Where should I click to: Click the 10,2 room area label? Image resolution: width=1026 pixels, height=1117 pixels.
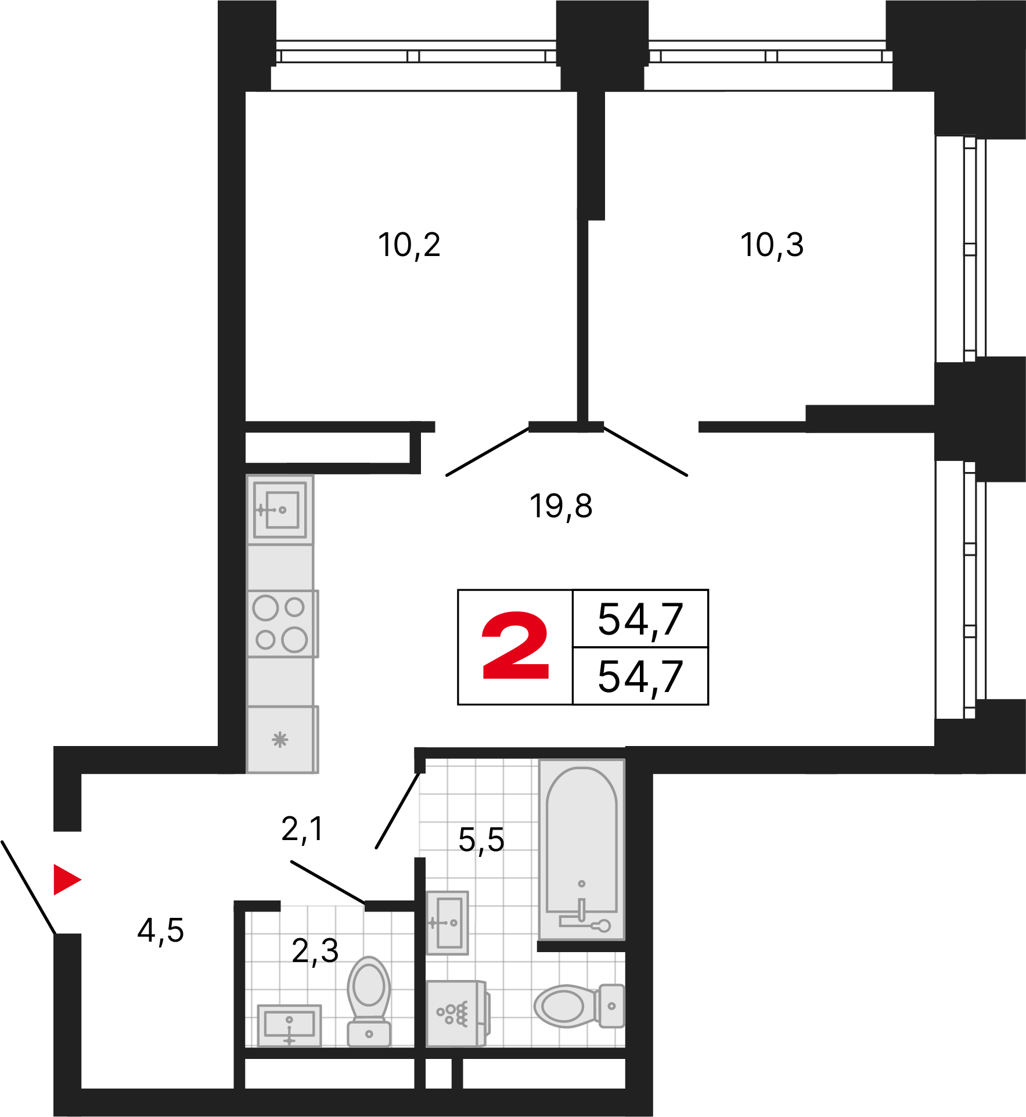coord(409,245)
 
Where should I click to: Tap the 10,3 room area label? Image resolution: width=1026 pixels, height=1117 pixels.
coord(772,245)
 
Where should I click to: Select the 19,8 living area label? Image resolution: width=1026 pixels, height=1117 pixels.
coord(561,506)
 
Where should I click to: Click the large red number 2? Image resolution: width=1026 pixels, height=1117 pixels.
coord(515,645)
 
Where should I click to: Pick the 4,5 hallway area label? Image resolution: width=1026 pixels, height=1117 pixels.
coord(161,931)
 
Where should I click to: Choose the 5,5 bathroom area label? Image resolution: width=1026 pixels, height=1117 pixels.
coord(481,840)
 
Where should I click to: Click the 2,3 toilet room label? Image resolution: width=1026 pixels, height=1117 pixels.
coord(315,951)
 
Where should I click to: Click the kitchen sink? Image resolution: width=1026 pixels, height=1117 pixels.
coord(280,510)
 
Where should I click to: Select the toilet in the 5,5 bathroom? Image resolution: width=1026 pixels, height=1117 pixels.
coord(579,1006)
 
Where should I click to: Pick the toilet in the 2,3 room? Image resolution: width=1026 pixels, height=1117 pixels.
coord(369,1001)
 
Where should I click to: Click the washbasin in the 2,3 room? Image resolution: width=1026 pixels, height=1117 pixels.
coord(289,1026)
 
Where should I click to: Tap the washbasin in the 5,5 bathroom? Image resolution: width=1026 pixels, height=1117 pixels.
coord(447,923)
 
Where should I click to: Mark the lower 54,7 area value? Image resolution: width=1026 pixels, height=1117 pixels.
coord(640,677)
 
